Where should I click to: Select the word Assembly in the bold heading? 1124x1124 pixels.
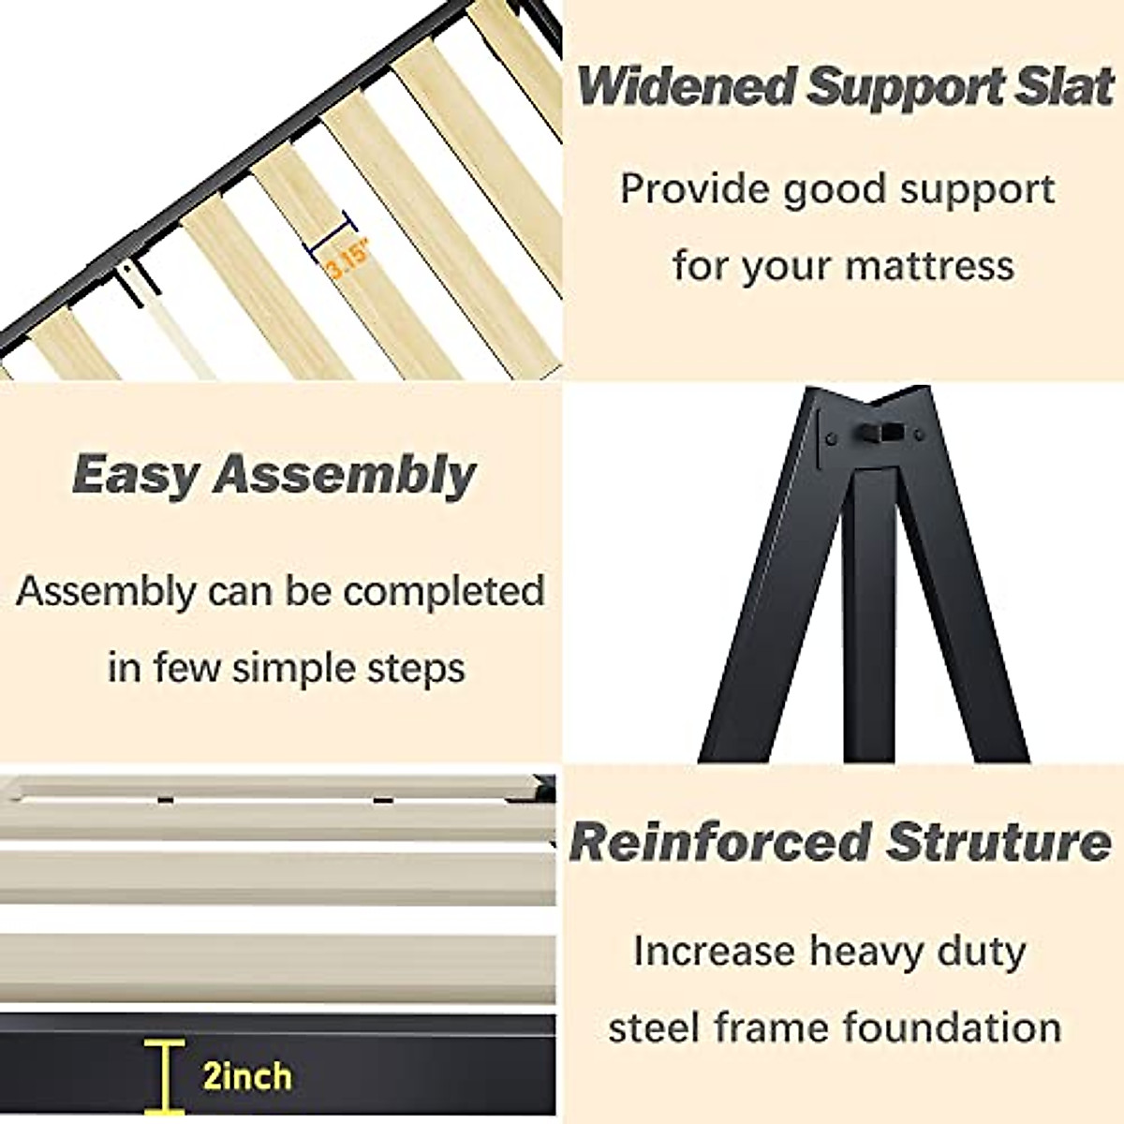[346, 476]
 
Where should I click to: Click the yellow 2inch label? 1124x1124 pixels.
[247, 1075]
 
